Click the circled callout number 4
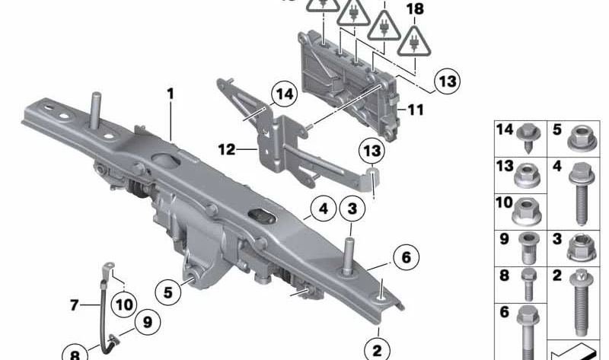pyautogui.click(x=323, y=209)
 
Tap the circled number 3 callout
pyautogui.click(x=352, y=209)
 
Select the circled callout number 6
pyautogui.click(x=406, y=257)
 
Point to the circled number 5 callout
pyautogui.click(x=167, y=292)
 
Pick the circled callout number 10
pyautogui.click(x=124, y=305)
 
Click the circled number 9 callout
pyautogui.click(x=147, y=322)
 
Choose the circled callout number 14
pyautogui.click(x=284, y=94)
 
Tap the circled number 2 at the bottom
pyautogui.click(x=377, y=351)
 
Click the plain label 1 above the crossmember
pyautogui.click(x=171, y=94)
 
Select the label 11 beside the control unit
pyautogui.click(x=416, y=110)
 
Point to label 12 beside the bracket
pyautogui.click(x=227, y=149)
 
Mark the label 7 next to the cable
pyautogui.click(x=74, y=305)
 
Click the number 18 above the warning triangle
pyautogui.click(x=415, y=9)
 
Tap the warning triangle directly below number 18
pyautogui.click(x=414, y=42)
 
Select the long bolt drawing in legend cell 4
pyautogui.click(x=582, y=194)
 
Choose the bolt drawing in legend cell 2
pyautogui.click(x=581, y=303)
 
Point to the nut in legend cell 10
pyautogui.click(x=527, y=212)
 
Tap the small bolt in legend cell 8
pyautogui.click(x=528, y=285)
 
